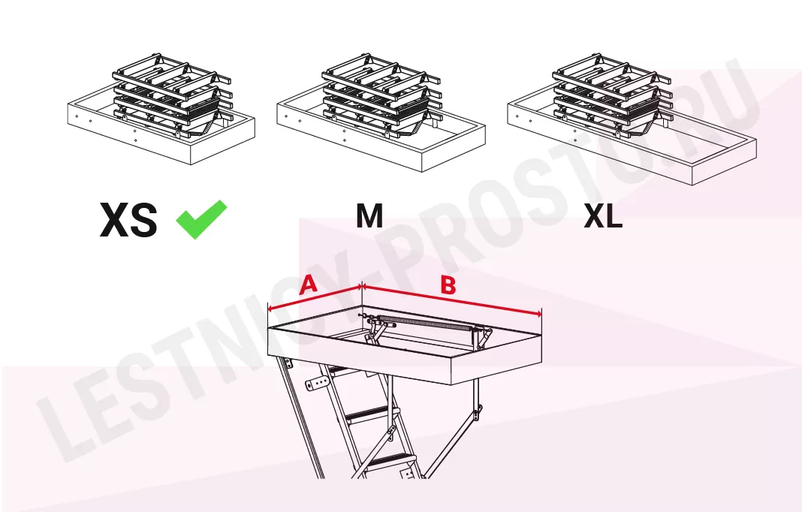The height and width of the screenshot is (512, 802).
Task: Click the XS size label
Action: pyautogui.click(x=128, y=220)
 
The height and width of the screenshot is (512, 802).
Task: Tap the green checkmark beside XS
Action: pyautogui.click(x=201, y=219)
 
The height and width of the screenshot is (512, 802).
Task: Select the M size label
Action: pyautogui.click(x=369, y=216)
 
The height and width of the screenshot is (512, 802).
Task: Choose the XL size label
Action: pyautogui.click(x=603, y=216)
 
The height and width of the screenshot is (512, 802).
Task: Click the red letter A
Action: pyautogui.click(x=308, y=285)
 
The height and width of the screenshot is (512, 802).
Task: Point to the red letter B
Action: pyautogui.click(x=448, y=285)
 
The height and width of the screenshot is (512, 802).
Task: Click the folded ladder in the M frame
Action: pyautogui.click(x=381, y=97)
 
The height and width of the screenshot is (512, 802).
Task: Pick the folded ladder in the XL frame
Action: pyautogui.click(x=612, y=97)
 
